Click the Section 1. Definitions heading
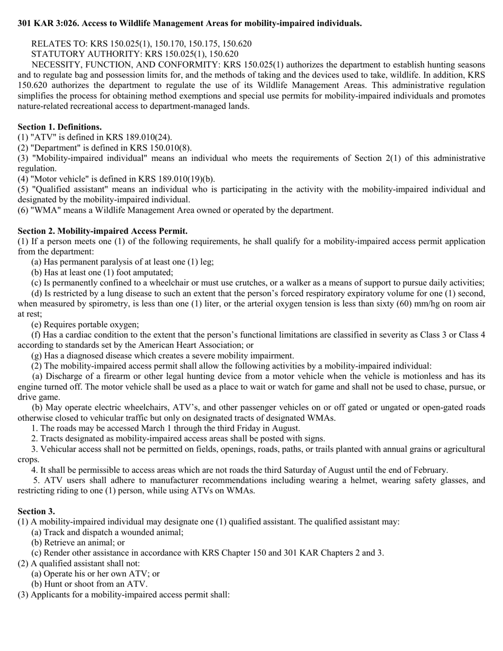[60, 127]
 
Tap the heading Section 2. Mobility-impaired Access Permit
[102, 231]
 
